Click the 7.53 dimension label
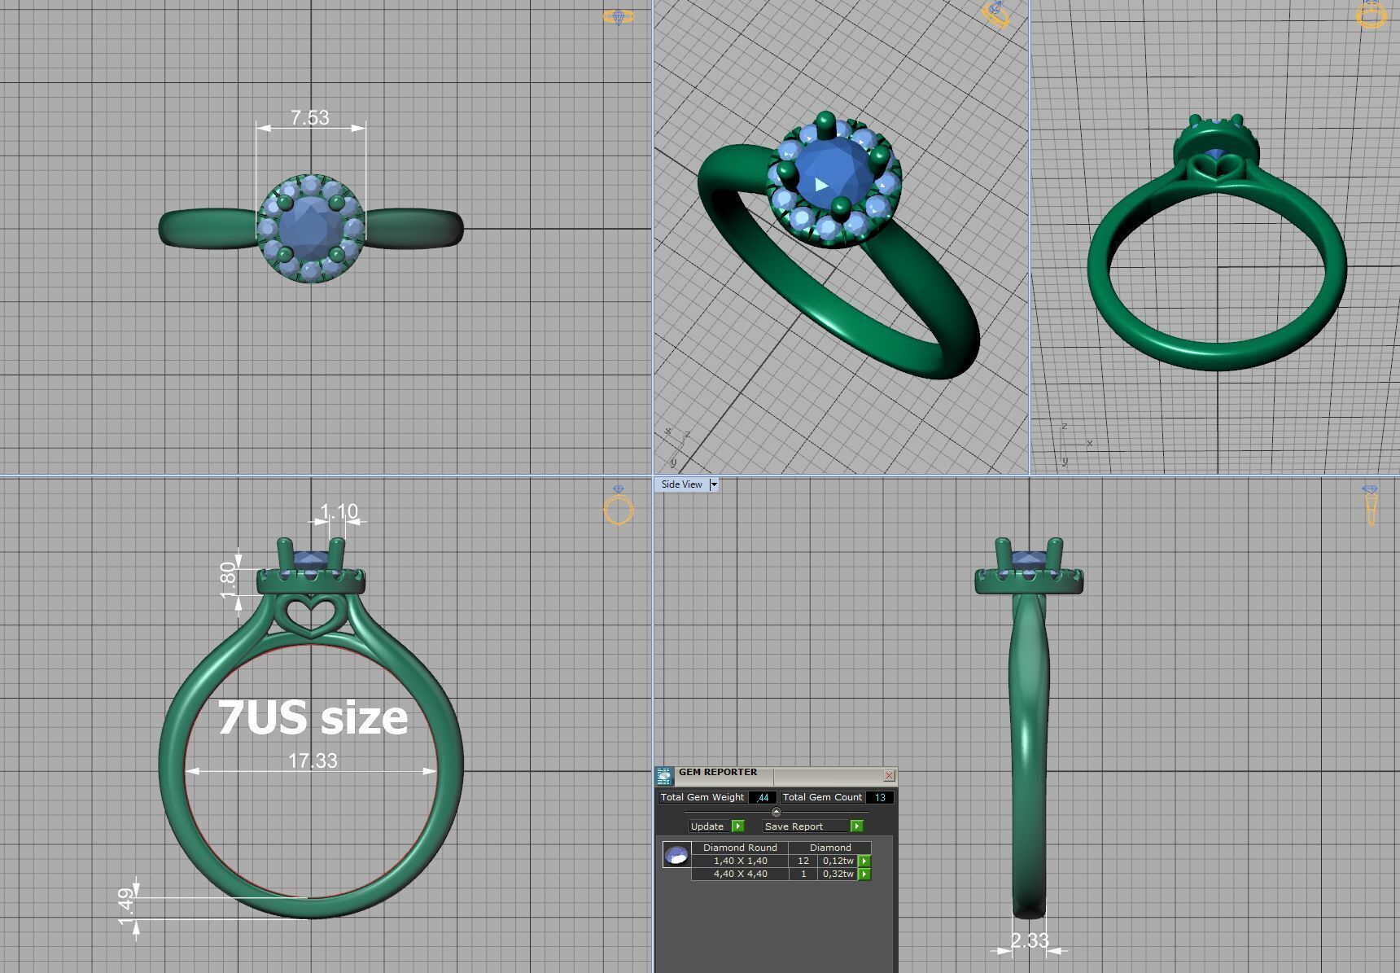(x=310, y=118)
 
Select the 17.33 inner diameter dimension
(x=313, y=760)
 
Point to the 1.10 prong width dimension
(x=339, y=512)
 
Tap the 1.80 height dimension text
(x=228, y=578)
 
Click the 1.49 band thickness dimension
(x=125, y=906)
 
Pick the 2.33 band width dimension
(x=1030, y=941)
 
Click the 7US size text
(x=313, y=717)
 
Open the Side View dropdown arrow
(x=714, y=484)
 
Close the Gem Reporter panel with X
(x=889, y=775)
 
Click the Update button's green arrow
(x=738, y=826)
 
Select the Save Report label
(x=794, y=826)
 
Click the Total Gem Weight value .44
(x=762, y=797)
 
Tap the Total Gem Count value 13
(x=880, y=797)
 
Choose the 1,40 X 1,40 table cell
(x=740, y=861)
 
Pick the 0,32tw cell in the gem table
(x=838, y=874)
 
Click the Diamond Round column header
(x=740, y=848)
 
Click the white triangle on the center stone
(x=821, y=185)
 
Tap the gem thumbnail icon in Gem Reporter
(x=676, y=855)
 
